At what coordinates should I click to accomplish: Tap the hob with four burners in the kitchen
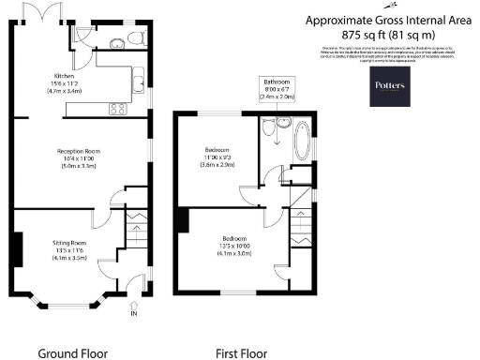(x=119, y=108)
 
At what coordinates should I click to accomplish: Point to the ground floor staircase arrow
(x=132, y=229)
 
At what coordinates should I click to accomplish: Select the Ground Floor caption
(x=72, y=353)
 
